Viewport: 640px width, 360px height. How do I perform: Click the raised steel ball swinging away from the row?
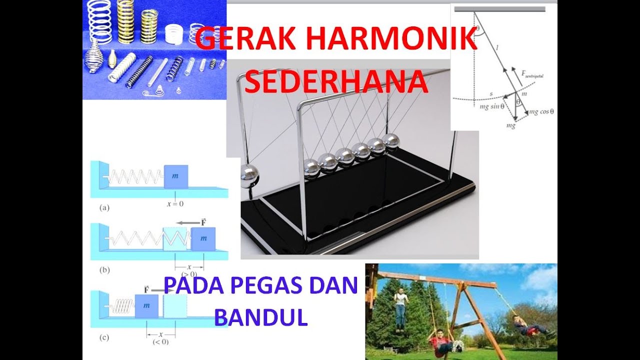coord(248,176)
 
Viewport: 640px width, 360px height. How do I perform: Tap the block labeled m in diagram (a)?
coord(176,176)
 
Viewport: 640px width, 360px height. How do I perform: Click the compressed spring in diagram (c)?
coord(121,305)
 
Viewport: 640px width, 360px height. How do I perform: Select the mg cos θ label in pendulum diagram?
coord(541,112)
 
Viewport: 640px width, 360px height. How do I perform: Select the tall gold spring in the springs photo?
coord(126,22)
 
